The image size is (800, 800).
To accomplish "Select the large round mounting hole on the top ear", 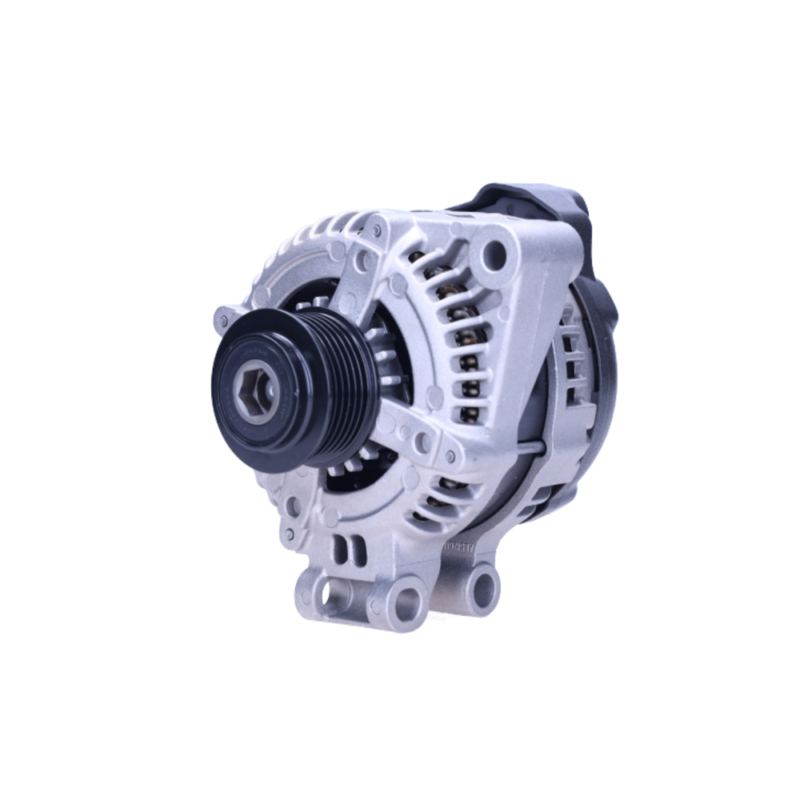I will click(x=493, y=255).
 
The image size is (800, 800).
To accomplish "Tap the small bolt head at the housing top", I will click(x=375, y=230).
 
